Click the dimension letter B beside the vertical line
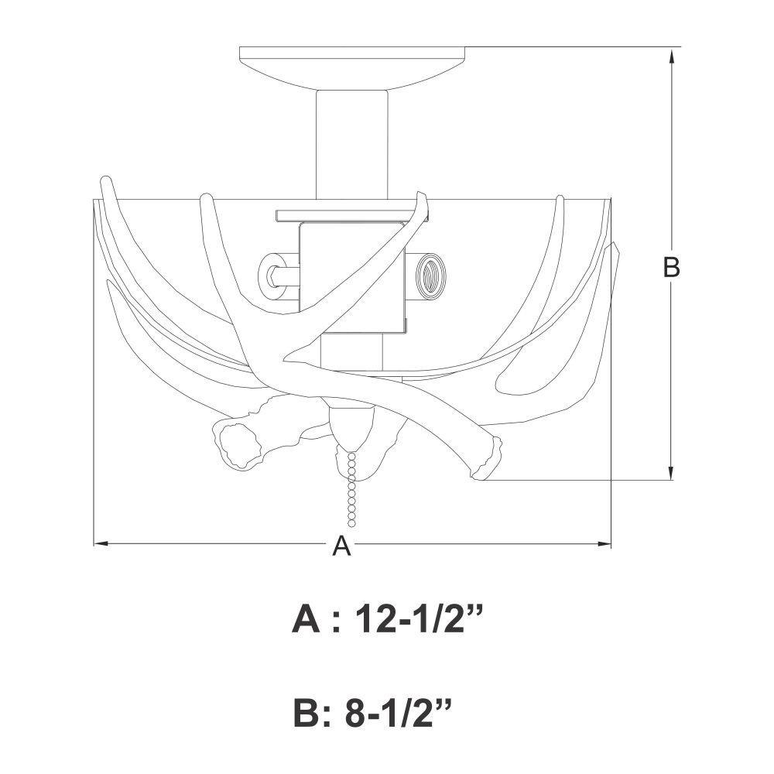coord(671,267)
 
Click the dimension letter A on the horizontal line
coord(341,546)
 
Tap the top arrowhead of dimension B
coord(671,57)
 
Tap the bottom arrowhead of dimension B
coord(671,471)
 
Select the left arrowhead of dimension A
coord(101,544)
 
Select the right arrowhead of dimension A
coord(604,544)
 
